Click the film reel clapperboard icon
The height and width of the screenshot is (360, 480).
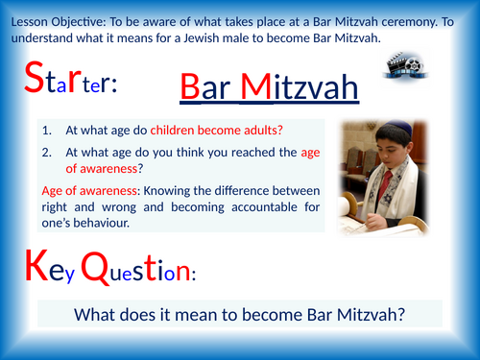pos(402,66)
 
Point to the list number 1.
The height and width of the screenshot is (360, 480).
pos(54,130)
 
